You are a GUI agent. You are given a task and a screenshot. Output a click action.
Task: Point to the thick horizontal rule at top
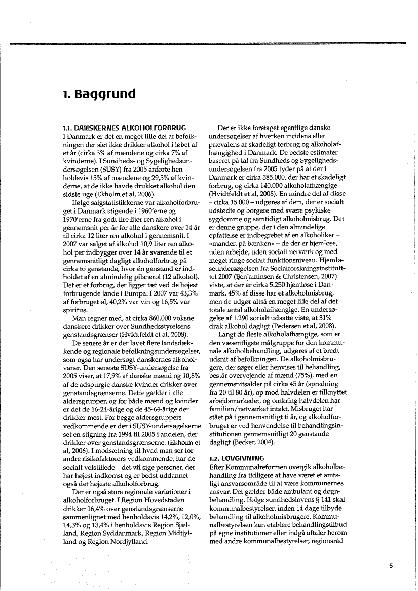(x=209, y=44)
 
